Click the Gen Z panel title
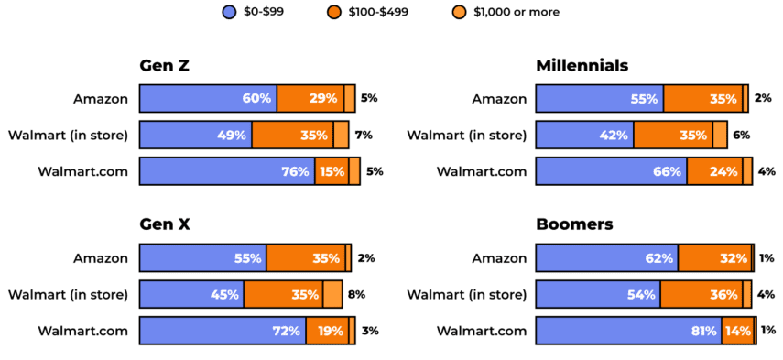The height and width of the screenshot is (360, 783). pos(164,65)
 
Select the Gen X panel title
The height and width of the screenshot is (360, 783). pos(165,224)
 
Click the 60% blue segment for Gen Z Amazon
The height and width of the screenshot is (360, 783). pos(208,98)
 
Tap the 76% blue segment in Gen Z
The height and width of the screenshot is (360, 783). pos(226,171)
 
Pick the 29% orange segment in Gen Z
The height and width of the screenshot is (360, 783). pos(310,98)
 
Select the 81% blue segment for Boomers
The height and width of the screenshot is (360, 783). pos(628,331)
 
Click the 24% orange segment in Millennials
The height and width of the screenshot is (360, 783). pos(714,171)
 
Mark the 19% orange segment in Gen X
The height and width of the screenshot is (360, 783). pos(327,331)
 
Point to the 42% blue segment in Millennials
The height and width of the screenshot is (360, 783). pos(583,135)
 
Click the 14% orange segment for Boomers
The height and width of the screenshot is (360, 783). pos(737,331)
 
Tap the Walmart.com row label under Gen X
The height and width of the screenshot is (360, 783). pos(82,331)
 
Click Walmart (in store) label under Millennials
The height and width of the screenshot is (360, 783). pos(467,135)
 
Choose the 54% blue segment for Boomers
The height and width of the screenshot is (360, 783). pos(597,294)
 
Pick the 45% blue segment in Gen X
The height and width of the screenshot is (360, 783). pos(191,294)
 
